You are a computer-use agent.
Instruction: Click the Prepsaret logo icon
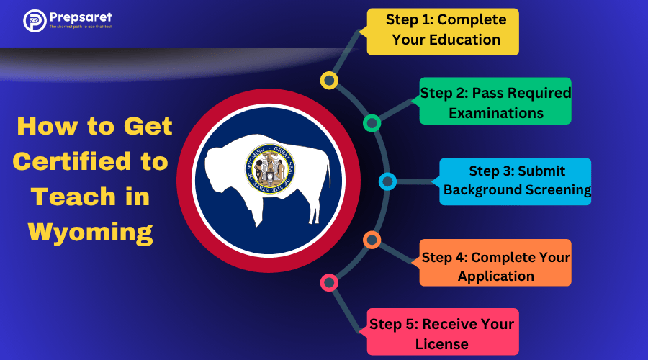(34, 20)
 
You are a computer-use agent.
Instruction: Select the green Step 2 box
(495, 102)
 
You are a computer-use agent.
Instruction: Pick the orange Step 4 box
(495, 266)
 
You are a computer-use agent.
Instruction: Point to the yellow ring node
(329, 81)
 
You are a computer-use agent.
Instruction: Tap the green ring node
(372, 123)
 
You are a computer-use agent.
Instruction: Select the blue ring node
(387, 181)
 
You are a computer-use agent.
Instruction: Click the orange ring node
(372, 240)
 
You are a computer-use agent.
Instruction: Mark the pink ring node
(329, 282)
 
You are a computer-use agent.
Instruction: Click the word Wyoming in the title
(90, 231)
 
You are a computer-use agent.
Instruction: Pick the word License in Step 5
(442, 343)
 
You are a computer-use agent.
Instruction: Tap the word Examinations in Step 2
(495, 112)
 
